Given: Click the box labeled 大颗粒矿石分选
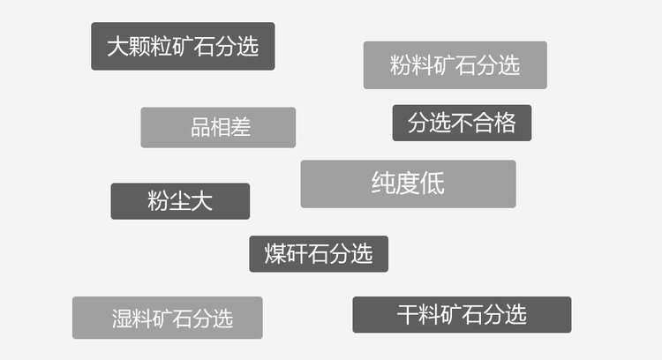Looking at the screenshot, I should coord(183,46).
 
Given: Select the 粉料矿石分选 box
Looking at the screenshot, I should coord(455,64).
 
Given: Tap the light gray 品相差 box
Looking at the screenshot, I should coord(218,127).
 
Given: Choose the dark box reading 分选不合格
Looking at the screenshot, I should coord(462,123).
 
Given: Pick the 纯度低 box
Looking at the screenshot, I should coord(408,184).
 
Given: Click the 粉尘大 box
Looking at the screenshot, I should coord(180,201).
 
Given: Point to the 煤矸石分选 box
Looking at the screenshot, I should coord(319,254).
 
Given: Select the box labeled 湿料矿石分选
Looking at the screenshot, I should coord(167,318).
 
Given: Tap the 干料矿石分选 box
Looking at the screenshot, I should coord(462,314).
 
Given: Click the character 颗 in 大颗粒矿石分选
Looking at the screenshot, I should coord(139,47).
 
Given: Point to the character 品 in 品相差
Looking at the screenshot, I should coord(200,127).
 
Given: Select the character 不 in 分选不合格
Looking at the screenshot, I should coord(462,123).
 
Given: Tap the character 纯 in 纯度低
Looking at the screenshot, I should coord(383,184).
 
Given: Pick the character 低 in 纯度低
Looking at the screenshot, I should coord(433,184).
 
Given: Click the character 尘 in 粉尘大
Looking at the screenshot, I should coord(180,201).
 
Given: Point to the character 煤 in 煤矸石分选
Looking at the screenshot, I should coord(275,254).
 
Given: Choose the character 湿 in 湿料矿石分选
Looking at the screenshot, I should coord(123,319).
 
